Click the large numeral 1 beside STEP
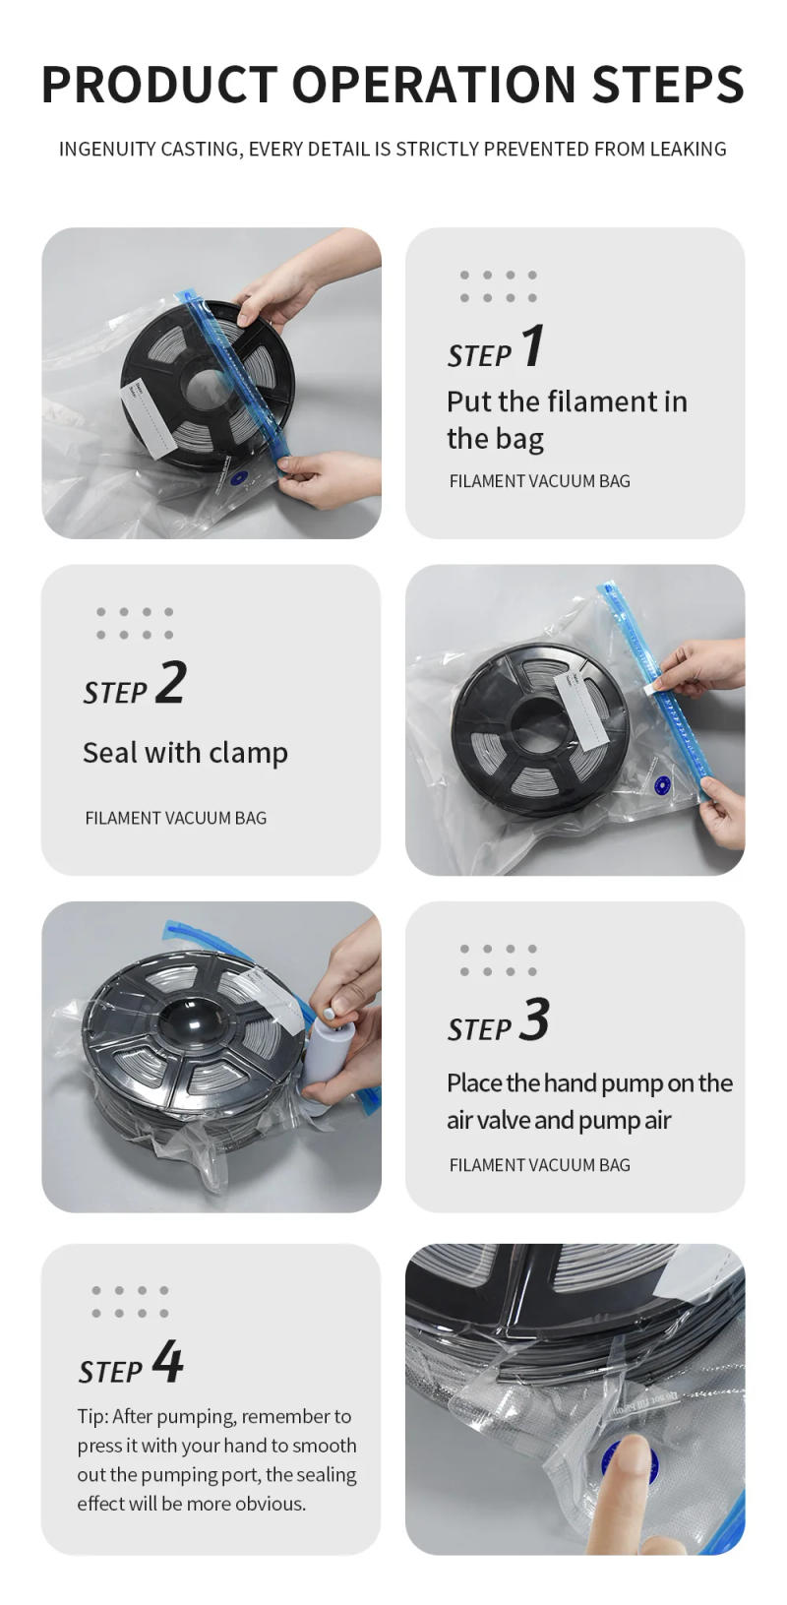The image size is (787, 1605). pos(531,346)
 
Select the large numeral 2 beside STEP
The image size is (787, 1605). pos(170,682)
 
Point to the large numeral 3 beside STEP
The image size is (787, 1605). pos(534,1019)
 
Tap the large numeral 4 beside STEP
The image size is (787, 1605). pos(167,1363)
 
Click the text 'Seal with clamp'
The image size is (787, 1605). pos(185,753)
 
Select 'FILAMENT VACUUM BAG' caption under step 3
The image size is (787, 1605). pos(539,1165)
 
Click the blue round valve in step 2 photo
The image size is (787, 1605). pos(662,784)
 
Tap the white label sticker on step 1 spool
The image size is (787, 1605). pos(148,417)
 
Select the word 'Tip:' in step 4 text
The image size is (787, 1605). pos(93,1417)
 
